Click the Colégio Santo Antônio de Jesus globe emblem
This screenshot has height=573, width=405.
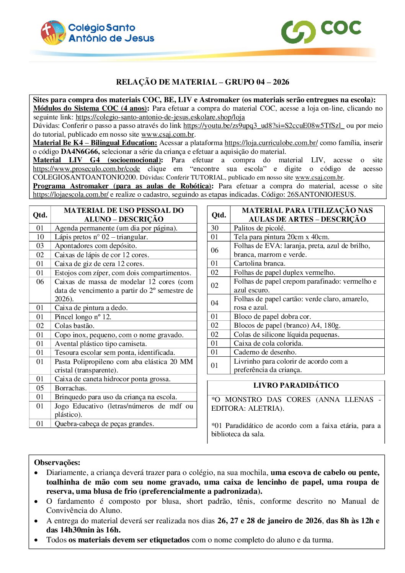tap(53, 33)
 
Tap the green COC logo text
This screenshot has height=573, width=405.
tap(341, 28)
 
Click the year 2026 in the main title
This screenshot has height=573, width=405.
tap(281, 82)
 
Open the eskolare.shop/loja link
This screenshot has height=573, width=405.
tap(160, 117)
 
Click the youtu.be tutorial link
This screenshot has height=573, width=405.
tap(264, 126)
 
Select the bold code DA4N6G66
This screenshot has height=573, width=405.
tap(80, 151)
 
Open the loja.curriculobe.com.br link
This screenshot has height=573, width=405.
tap(271, 143)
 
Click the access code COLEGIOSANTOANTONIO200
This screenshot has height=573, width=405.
tap(85, 177)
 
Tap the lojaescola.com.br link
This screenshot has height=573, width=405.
tap(71, 194)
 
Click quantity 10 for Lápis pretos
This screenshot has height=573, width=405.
tap(40, 237)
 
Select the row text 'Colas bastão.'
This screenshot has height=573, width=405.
tap(75, 326)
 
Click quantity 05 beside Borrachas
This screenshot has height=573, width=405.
tap(40, 388)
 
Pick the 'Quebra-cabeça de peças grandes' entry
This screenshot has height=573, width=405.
tap(104, 424)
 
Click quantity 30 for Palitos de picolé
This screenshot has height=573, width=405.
tap(215, 228)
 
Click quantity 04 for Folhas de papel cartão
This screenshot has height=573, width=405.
tap(215, 303)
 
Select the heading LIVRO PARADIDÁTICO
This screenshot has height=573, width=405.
tap(296, 385)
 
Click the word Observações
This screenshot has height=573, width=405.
tap(57, 462)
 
